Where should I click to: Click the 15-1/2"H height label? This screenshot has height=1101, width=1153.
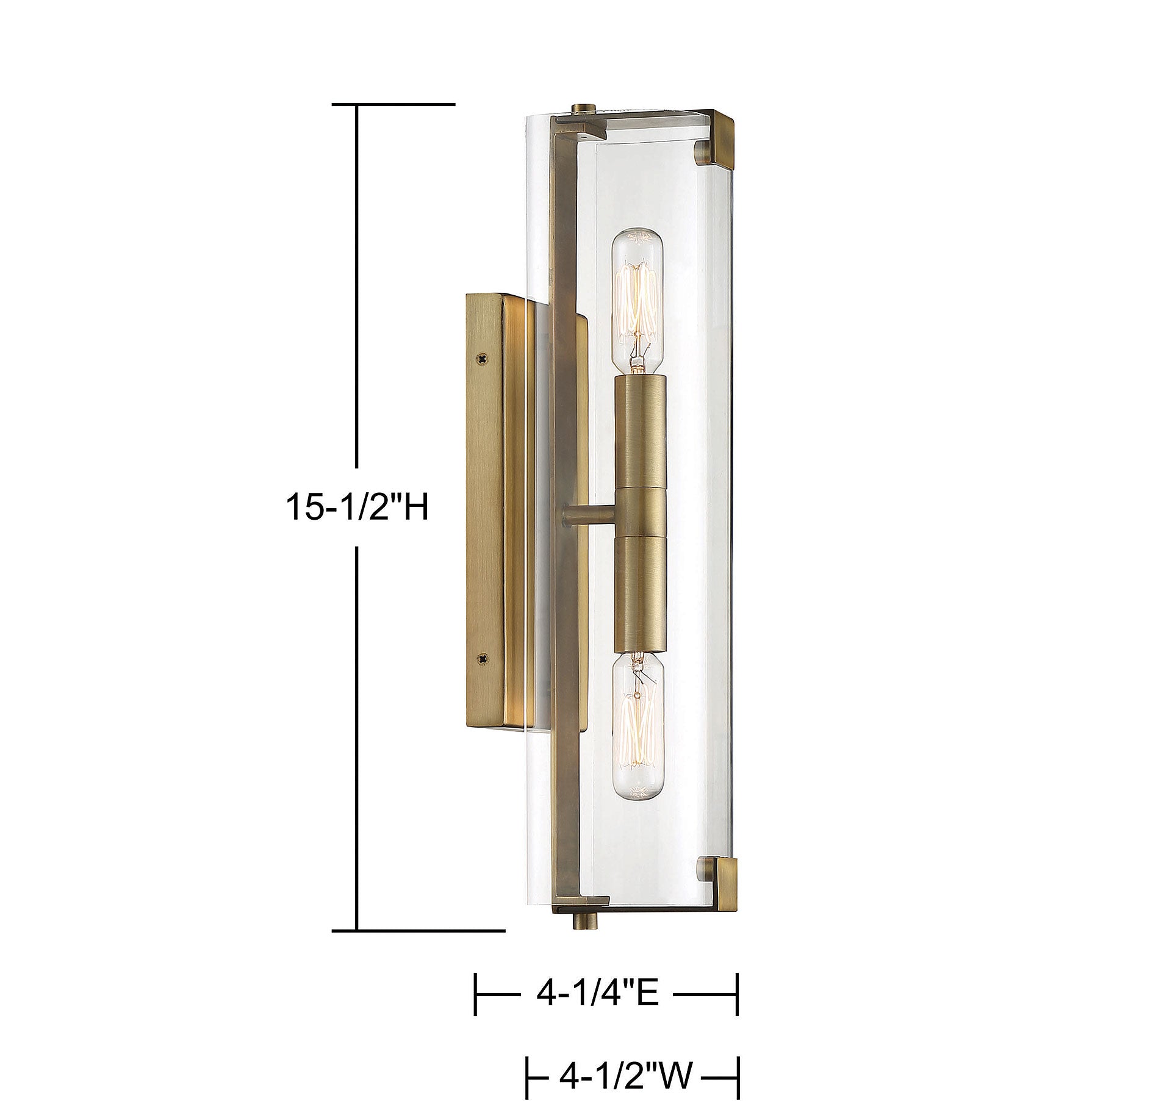[x=357, y=507]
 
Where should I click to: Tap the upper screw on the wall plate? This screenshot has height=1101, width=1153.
[x=484, y=360]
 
